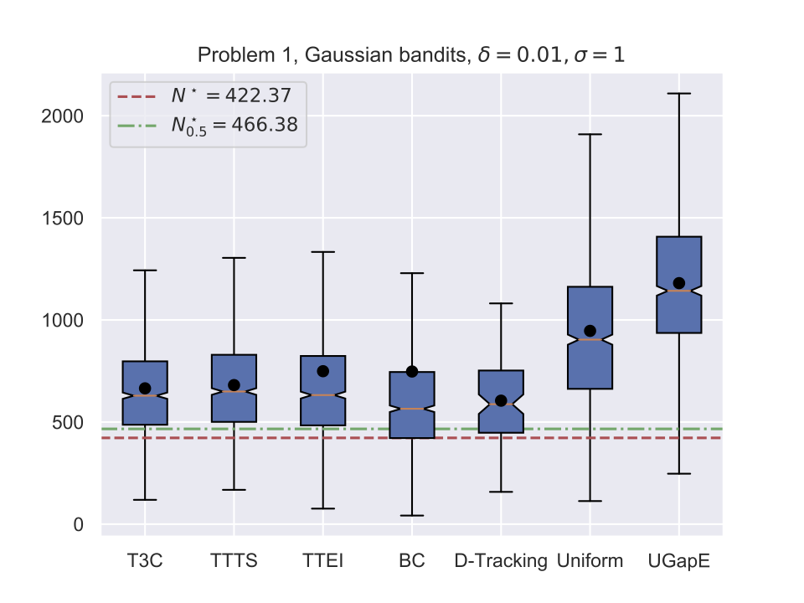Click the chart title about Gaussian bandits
coord(411,55)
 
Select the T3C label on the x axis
coord(145,561)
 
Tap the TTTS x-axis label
coord(234,561)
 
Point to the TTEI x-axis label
coord(322,561)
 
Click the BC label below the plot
coord(412,561)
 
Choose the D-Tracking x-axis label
coord(501,561)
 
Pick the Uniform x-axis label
coord(590,561)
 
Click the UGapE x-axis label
coord(678,561)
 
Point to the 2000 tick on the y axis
coord(64,116)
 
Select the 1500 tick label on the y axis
coord(64,218)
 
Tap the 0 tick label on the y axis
coord(79,524)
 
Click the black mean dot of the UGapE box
coord(678,283)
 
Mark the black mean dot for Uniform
coord(590,331)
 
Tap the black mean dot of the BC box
coord(412,371)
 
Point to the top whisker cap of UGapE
coord(678,94)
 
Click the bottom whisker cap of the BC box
coord(412,515)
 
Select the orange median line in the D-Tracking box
coord(501,405)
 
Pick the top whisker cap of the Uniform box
coord(590,134)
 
